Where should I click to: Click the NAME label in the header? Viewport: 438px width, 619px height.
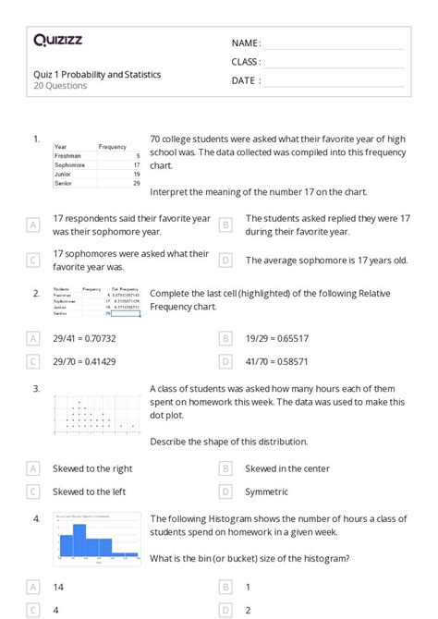point(245,43)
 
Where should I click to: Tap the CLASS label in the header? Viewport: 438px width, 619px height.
point(246,62)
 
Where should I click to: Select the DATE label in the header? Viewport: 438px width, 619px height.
point(245,80)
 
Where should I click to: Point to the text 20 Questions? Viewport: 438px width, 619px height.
point(60,86)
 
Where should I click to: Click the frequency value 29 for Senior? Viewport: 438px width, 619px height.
point(136,183)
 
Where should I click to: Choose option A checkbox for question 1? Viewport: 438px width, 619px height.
point(33,225)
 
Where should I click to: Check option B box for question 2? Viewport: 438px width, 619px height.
point(225,338)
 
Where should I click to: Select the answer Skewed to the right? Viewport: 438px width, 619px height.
point(92,468)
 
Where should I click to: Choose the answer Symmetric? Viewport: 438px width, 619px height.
point(266,492)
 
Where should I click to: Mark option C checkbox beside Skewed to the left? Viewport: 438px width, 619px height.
point(33,492)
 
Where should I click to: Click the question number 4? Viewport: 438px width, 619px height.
point(37,519)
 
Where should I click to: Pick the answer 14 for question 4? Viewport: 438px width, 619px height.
point(58,587)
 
